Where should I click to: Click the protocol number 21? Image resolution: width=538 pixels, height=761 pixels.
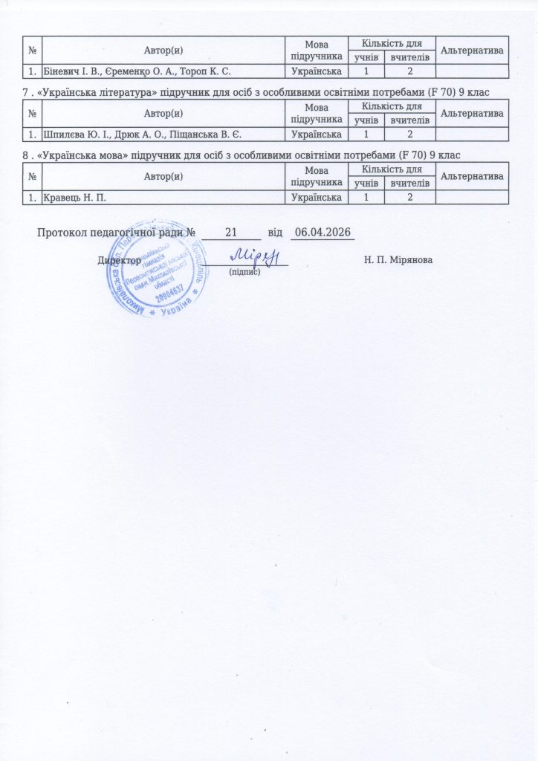230,233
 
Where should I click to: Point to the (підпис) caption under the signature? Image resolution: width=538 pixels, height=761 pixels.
243,273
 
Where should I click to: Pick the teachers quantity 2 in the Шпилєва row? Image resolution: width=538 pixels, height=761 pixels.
409,134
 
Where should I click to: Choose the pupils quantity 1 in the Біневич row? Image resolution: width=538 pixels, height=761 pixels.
365,71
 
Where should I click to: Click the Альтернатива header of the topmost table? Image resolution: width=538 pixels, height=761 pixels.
473,48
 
